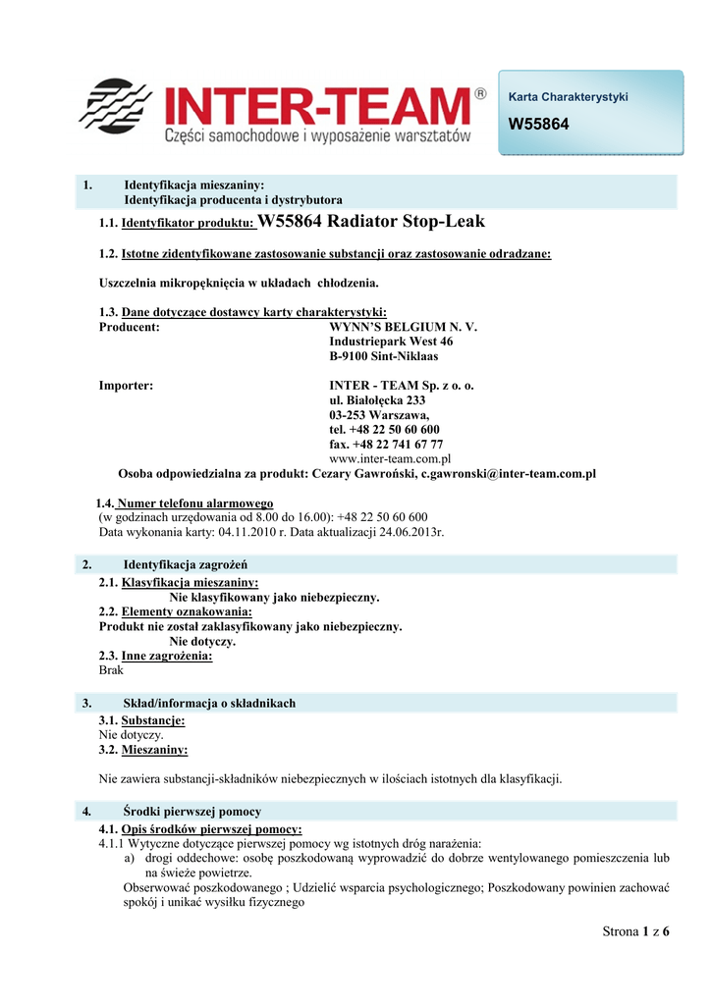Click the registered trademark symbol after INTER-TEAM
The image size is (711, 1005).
coord(479,94)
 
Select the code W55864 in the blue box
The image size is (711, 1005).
coord(538,125)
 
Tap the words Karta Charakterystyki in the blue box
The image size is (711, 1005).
coord(568,96)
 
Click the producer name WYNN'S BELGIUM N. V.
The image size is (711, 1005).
coord(404,327)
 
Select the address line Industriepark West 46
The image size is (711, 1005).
coord(391,342)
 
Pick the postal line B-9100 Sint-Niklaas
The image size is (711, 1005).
coord(384,356)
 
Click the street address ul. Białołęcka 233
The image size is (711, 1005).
coord(377,400)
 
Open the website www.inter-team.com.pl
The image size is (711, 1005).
coord(390,458)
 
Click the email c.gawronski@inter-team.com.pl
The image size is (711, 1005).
coord(509,473)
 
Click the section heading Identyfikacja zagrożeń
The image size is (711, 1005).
coord(186,564)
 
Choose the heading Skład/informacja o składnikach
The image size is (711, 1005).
coord(209,703)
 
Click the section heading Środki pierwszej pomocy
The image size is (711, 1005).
coord(192,812)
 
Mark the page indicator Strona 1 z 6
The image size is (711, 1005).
coord(635,931)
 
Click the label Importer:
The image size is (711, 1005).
coord(127,386)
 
